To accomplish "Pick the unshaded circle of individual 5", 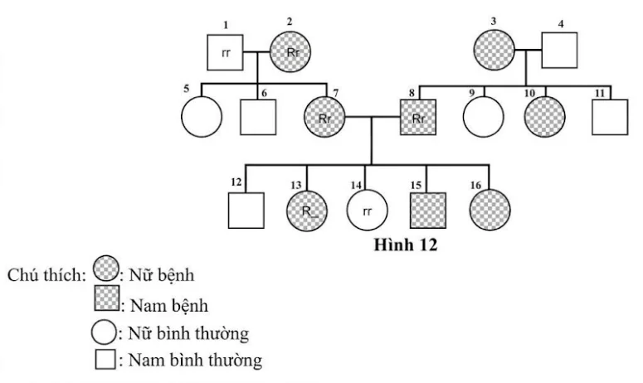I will click(x=202, y=117).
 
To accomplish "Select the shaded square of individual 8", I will click(x=418, y=118).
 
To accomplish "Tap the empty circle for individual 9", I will click(x=483, y=117).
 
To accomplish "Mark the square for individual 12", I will click(x=246, y=210).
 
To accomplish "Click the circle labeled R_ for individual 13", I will click(x=307, y=210).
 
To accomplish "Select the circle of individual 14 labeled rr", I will click(x=368, y=210).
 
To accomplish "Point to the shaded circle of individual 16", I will click(x=490, y=210).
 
